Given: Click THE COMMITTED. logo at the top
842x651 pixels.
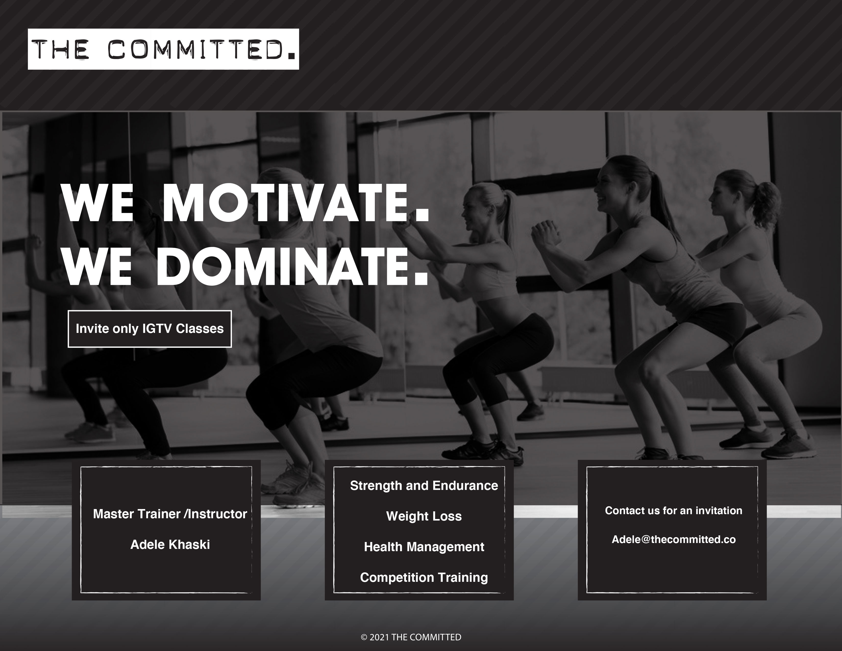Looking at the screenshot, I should pyautogui.click(x=163, y=49).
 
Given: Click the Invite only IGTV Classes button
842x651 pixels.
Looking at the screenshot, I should pyautogui.click(x=150, y=329).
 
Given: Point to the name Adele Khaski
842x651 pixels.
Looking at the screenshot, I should pyautogui.click(x=170, y=545).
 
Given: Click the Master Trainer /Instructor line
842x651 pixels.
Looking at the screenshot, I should pyautogui.click(x=170, y=514).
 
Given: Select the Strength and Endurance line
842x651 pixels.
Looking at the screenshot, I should pyautogui.click(x=424, y=486).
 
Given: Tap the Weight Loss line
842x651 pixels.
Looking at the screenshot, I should pyautogui.click(x=424, y=516).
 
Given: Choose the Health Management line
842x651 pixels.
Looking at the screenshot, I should pyautogui.click(x=424, y=547).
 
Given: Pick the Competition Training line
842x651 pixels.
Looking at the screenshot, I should pyautogui.click(x=424, y=577).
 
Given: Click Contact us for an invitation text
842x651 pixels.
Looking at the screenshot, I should pyautogui.click(x=673, y=511).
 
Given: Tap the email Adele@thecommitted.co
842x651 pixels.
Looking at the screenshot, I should pyautogui.click(x=673, y=539).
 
